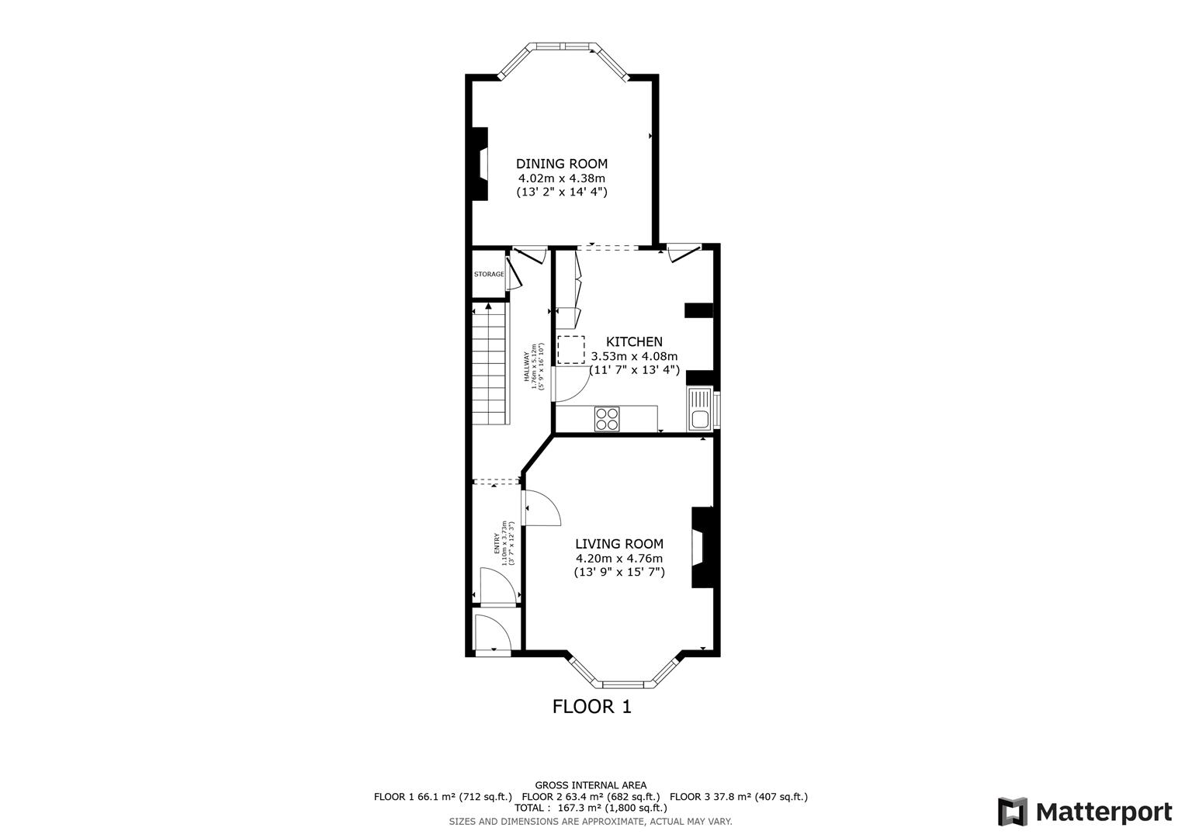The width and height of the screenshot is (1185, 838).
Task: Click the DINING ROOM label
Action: tap(562, 164)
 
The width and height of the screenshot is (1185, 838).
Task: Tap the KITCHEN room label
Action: tap(634, 342)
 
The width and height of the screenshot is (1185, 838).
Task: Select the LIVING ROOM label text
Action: tap(618, 544)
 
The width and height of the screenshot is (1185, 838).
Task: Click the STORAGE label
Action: tap(489, 275)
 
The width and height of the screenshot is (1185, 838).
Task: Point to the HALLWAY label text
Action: tap(526, 366)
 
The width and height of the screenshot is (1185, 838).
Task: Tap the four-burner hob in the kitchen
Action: tap(608, 419)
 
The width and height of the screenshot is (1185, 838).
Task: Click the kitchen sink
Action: tap(699, 409)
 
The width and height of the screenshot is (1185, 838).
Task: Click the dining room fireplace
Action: tap(480, 164)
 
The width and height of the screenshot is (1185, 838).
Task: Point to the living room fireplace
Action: tap(702, 547)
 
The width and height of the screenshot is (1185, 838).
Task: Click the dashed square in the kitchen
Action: tap(571, 350)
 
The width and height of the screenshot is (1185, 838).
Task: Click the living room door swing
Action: tap(542, 508)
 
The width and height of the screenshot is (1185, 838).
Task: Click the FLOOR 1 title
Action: tap(591, 707)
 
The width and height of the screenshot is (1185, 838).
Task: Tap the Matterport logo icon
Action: tap(1013, 812)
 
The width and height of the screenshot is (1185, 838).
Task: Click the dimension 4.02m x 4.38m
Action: tap(562, 178)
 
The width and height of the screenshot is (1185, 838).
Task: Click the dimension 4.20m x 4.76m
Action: tap(618, 559)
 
